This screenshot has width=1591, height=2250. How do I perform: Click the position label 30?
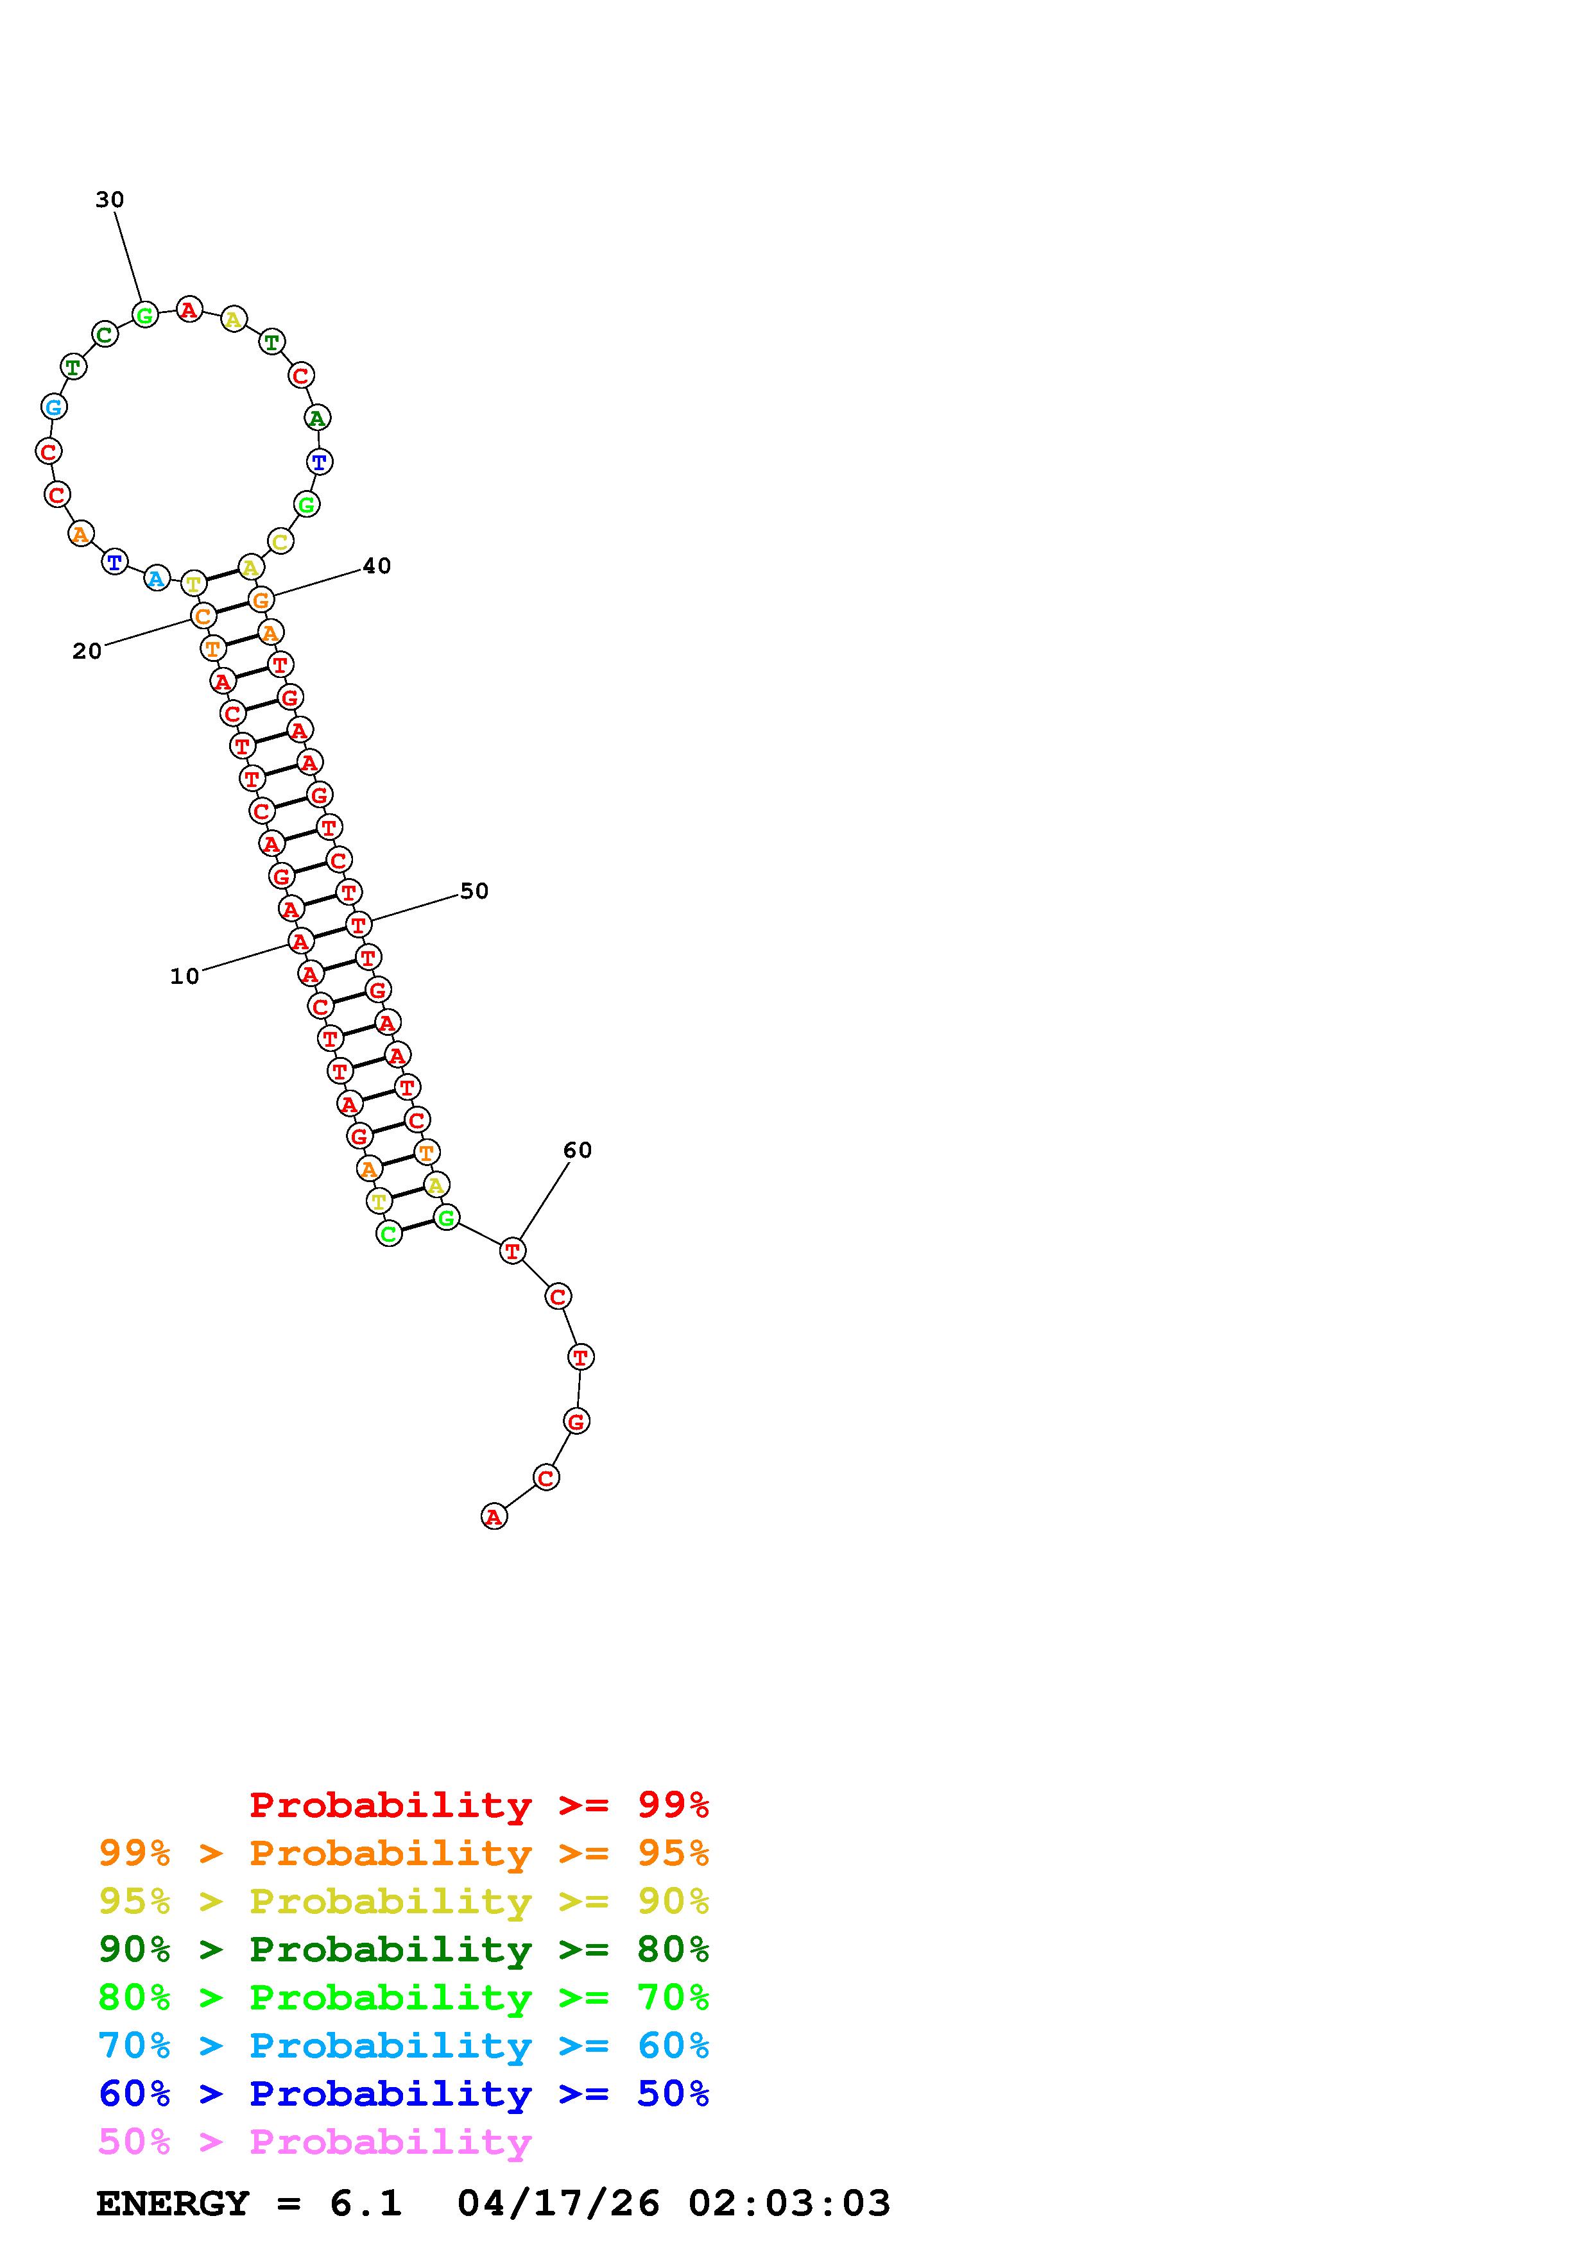point(110,200)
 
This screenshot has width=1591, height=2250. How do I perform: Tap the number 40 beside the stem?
point(377,566)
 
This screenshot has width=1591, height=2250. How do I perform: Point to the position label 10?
point(184,976)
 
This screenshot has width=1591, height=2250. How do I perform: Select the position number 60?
point(578,1149)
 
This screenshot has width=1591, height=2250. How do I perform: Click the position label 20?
point(87,651)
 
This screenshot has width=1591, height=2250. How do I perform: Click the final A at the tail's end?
point(494,1517)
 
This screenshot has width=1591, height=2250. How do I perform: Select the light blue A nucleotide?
point(156,578)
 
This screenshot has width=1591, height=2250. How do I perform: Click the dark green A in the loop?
point(316,418)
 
